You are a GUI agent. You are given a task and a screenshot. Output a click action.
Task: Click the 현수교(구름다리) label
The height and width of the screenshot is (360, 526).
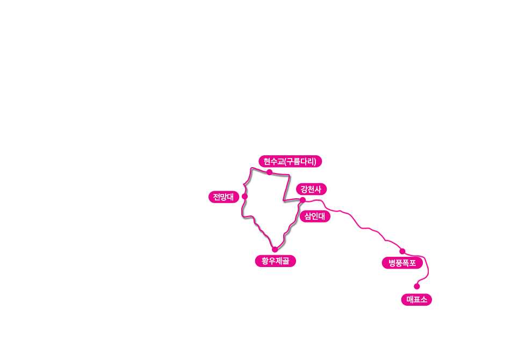tap(290, 161)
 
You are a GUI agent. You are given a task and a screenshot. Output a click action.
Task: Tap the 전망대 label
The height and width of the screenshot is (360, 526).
tap(224, 197)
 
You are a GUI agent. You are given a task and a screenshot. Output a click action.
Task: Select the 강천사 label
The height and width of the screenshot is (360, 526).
tap(311, 189)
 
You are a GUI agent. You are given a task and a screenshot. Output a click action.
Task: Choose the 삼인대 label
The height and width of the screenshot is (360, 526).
tap(315, 217)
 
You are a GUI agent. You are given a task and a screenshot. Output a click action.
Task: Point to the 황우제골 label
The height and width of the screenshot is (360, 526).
tap(276, 261)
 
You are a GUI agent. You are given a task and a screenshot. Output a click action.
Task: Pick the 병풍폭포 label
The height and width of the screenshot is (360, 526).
tap(402, 263)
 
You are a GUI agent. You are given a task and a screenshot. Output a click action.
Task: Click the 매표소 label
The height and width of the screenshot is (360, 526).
tap(416, 300)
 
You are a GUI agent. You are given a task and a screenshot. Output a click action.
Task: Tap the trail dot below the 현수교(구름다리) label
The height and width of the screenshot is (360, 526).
tap(269, 172)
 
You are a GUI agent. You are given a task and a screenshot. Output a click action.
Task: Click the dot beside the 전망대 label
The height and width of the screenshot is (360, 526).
tap(244, 196)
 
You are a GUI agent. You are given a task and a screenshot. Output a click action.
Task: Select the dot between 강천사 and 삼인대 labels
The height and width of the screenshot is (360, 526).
tap(302, 200)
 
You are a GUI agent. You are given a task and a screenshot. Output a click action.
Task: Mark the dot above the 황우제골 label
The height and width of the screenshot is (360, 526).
tap(275, 249)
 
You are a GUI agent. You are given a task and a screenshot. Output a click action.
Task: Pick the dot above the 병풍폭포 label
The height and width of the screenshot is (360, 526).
tap(402, 251)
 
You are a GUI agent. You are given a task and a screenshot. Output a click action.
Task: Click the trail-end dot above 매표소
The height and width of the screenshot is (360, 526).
tap(416, 286)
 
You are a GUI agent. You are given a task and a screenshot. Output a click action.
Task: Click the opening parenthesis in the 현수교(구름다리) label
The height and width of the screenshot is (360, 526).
tap(285, 162)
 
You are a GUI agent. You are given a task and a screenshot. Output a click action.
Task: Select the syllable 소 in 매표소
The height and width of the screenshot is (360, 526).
tap(424, 300)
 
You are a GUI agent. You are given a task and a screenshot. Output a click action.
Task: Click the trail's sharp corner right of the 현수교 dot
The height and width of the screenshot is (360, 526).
tap(289, 175)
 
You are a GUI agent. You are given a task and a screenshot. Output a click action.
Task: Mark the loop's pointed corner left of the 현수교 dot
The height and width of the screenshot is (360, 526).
tap(251, 168)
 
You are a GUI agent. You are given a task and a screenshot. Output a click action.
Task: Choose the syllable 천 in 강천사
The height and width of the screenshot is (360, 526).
tap(311, 189)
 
